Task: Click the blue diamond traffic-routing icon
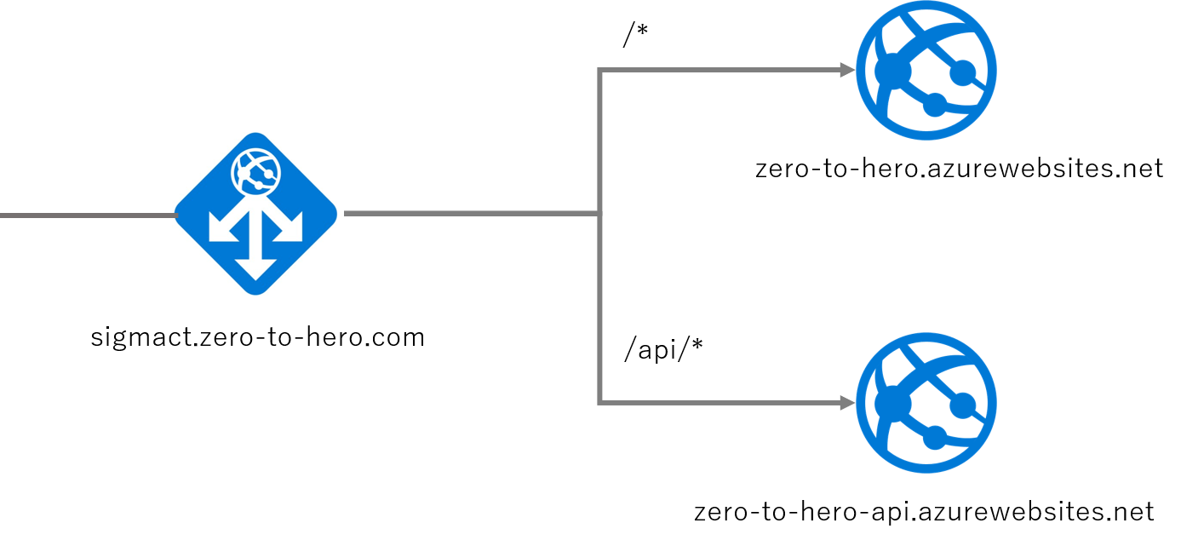(255, 213)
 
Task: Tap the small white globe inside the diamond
(255, 170)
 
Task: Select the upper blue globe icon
(926, 69)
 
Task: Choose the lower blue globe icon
(926, 402)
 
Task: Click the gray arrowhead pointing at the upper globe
(848, 71)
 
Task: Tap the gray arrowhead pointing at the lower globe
(848, 402)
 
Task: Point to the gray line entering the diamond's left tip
(85, 215)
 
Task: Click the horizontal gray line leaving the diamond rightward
(468, 214)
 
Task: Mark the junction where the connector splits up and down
(600, 214)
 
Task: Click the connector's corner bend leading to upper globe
(601, 71)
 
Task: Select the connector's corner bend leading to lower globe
(601, 402)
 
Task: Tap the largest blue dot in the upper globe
(891, 68)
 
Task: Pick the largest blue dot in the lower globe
(891, 401)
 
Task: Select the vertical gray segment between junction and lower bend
(600, 307)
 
